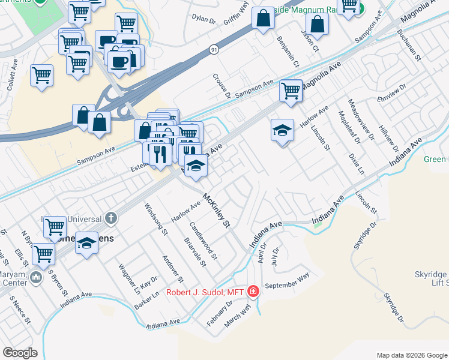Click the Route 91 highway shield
pyautogui.click(x=215, y=52)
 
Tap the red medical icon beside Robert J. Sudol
pyautogui.click(x=253, y=292)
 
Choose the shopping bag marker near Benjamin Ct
pyautogui.click(x=264, y=18)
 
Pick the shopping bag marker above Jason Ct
pyautogui.click(x=318, y=25)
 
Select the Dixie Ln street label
pyautogui.click(x=356, y=163)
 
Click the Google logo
pyautogui.click(x=20, y=353)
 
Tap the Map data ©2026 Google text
pyautogui.click(x=411, y=355)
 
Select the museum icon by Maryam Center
pyautogui.click(x=35, y=278)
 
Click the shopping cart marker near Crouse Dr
pyautogui.click(x=291, y=91)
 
